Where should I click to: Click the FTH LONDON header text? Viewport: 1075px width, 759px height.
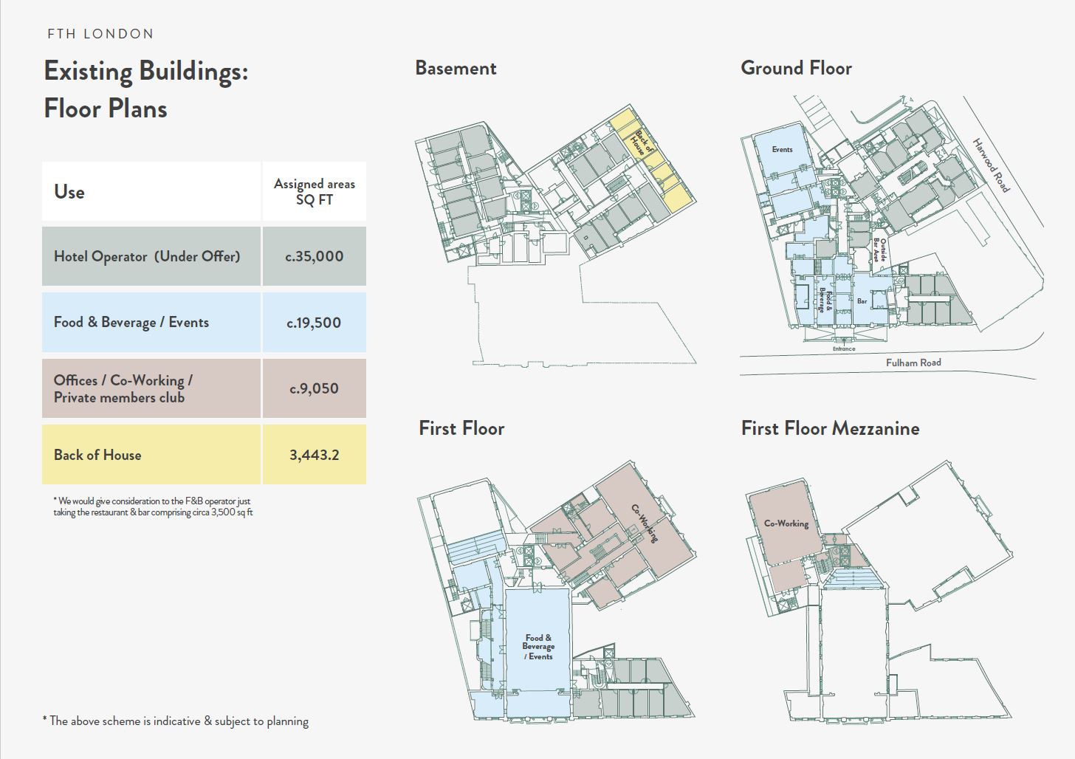click(x=100, y=33)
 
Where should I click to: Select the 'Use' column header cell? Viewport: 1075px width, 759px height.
click(x=151, y=191)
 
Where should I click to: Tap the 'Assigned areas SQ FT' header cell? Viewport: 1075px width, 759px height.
click(x=315, y=191)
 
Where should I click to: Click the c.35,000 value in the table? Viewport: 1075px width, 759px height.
click(x=315, y=256)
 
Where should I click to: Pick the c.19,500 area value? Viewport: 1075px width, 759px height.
click(x=315, y=323)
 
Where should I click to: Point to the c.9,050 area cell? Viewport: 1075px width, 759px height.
click(x=315, y=388)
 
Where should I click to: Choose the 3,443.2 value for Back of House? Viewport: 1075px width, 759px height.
click(x=315, y=454)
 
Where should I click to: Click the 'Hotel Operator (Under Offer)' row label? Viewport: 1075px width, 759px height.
click(x=147, y=256)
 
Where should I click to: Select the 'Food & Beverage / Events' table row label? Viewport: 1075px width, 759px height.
click(x=131, y=322)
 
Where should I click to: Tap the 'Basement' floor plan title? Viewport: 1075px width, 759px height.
click(x=456, y=68)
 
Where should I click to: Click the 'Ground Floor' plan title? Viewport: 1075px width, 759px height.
click(x=796, y=68)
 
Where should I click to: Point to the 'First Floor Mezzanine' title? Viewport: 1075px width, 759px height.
click(x=830, y=428)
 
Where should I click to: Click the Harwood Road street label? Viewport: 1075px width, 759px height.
click(x=992, y=165)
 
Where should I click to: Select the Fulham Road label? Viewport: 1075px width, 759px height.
click(x=913, y=363)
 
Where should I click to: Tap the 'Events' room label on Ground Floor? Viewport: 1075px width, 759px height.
click(x=783, y=150)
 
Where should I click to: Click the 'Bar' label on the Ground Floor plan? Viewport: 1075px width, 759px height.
click(x=862, y=301)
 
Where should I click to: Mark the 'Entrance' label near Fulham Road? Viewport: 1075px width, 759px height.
click(x=844, y=348)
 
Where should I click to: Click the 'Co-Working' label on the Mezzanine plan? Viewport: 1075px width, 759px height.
click(x=786, y=523)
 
